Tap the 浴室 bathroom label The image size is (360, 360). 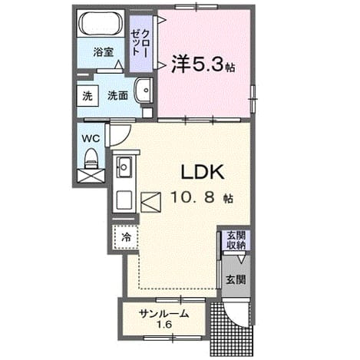pos(103,52)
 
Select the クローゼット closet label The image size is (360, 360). pos(140,43)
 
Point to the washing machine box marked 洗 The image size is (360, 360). pos(88,96)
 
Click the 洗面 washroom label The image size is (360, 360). pos(117,96)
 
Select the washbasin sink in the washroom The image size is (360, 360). pos(144,90)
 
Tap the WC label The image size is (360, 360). pos(91,139)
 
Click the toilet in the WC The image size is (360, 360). pos(91,159)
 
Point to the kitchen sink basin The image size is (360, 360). pos(124,167)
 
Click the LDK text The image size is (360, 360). pos(203,172)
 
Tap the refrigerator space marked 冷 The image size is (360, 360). pos(126,237)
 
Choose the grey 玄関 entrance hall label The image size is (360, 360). pos(236,279)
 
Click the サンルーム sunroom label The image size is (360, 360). pos(164,313)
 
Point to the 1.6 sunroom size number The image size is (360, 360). pos(164,325)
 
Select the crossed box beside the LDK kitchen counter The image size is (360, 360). pos(150,202)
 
